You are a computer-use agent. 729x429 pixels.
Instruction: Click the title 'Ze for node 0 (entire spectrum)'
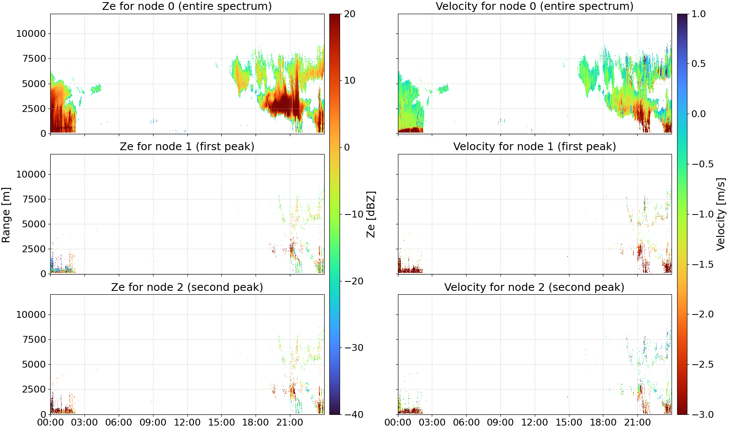click(187, 6)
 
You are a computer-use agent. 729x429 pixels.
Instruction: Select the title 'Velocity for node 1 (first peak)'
click(535, 146)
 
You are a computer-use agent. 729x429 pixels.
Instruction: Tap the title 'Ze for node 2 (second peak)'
click(187, 287)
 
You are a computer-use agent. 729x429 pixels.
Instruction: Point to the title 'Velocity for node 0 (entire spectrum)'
click(535, 6)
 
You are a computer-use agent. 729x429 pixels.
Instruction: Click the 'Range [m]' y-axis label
click(6, 215)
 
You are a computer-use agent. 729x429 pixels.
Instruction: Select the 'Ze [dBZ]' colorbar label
click(371, 214)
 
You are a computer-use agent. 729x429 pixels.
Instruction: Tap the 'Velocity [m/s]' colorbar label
click(721, 214)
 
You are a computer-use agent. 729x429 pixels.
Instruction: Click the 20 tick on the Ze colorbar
click(349, 14)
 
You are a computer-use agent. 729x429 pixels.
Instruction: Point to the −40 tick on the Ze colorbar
click(353, 414)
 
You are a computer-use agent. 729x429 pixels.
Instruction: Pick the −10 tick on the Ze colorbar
click(353, 214)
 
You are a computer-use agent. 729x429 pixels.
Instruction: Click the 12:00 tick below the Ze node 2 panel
click(187, 423)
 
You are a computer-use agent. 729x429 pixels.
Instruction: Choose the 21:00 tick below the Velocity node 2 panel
click(637, 423)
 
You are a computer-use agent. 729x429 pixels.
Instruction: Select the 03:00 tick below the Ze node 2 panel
click(84, 423)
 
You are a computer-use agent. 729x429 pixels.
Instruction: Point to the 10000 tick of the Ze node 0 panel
click(31, 33)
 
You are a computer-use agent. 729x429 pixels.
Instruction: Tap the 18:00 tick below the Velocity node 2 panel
click(603, 423)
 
